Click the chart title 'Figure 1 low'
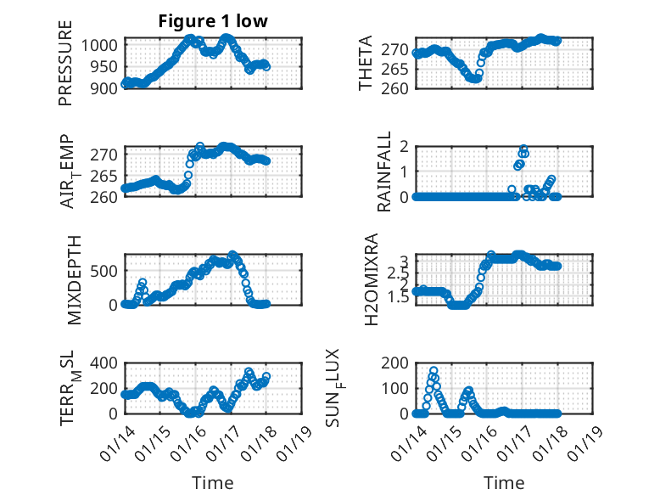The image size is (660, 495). tap(213, 21)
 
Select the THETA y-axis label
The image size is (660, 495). tap(366, 64)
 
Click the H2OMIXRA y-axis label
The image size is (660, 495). tap(371, 278)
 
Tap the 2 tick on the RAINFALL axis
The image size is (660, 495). tap(405, 147)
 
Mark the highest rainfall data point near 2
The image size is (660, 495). tap(523, 149)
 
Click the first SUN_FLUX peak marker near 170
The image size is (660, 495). tap(433, 371)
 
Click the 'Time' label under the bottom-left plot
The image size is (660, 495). tap(212, 483)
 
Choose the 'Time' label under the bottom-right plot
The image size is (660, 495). tap(504, 483)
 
